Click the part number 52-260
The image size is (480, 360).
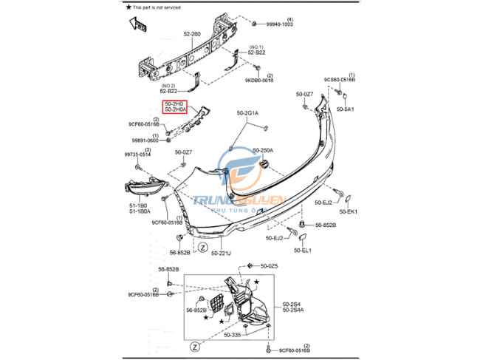192,34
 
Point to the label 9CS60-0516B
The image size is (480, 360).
340,80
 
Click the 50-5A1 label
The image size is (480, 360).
346,109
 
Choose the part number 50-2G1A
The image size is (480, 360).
248,113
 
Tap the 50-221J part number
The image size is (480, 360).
221,254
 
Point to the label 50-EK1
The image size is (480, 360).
348,212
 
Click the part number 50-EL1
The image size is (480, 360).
303,251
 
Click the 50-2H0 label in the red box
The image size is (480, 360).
174,104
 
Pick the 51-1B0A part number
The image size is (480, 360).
139,212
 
